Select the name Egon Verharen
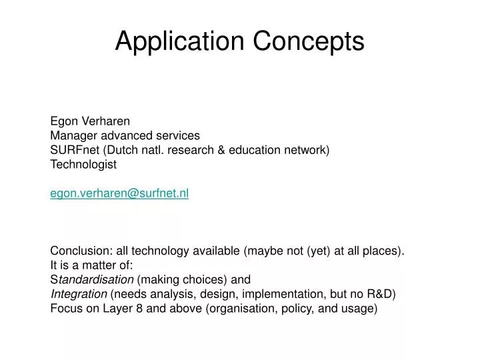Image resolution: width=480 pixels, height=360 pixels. pyautogui.click(x=90, y=121)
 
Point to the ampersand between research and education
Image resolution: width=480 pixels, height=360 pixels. pyautogui.click(x=221, y=150)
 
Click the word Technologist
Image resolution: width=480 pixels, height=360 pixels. pyautogui.click(x=83, y=164)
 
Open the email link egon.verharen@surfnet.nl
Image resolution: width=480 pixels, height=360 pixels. pyautogui.click(x=119, y=193)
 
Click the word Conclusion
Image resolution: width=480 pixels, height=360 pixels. pyautogui.click(x=81, y=251)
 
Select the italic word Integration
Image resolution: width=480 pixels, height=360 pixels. pyautogui.click(x=79, y=294)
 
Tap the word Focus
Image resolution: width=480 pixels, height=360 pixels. pyautogui.click(x=65, y=309)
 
